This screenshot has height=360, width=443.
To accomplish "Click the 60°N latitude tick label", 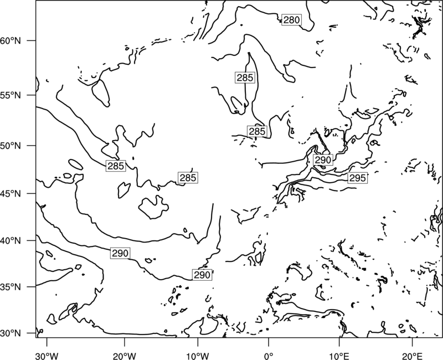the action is [11, 41].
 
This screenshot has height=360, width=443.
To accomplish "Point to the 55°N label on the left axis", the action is [11, 95].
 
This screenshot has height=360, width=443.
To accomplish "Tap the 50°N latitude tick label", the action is [11, 146].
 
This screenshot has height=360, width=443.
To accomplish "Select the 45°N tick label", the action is [11, 194].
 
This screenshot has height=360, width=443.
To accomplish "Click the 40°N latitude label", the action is [11, 241].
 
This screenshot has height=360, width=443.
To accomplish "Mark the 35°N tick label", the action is [11, 287].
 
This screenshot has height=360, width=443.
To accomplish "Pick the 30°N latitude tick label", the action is [11, 333].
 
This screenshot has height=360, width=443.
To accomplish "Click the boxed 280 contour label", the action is [292, 20].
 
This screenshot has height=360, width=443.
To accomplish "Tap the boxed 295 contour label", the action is [357, 178].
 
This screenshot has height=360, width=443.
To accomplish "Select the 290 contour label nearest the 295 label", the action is [323, 160].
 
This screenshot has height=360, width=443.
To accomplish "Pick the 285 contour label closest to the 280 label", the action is [245, 78].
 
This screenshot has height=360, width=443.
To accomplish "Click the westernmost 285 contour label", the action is [116, 166].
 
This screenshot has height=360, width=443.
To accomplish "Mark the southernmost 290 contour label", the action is [202, 275].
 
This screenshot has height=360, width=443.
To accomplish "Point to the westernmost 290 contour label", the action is [120, 253].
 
